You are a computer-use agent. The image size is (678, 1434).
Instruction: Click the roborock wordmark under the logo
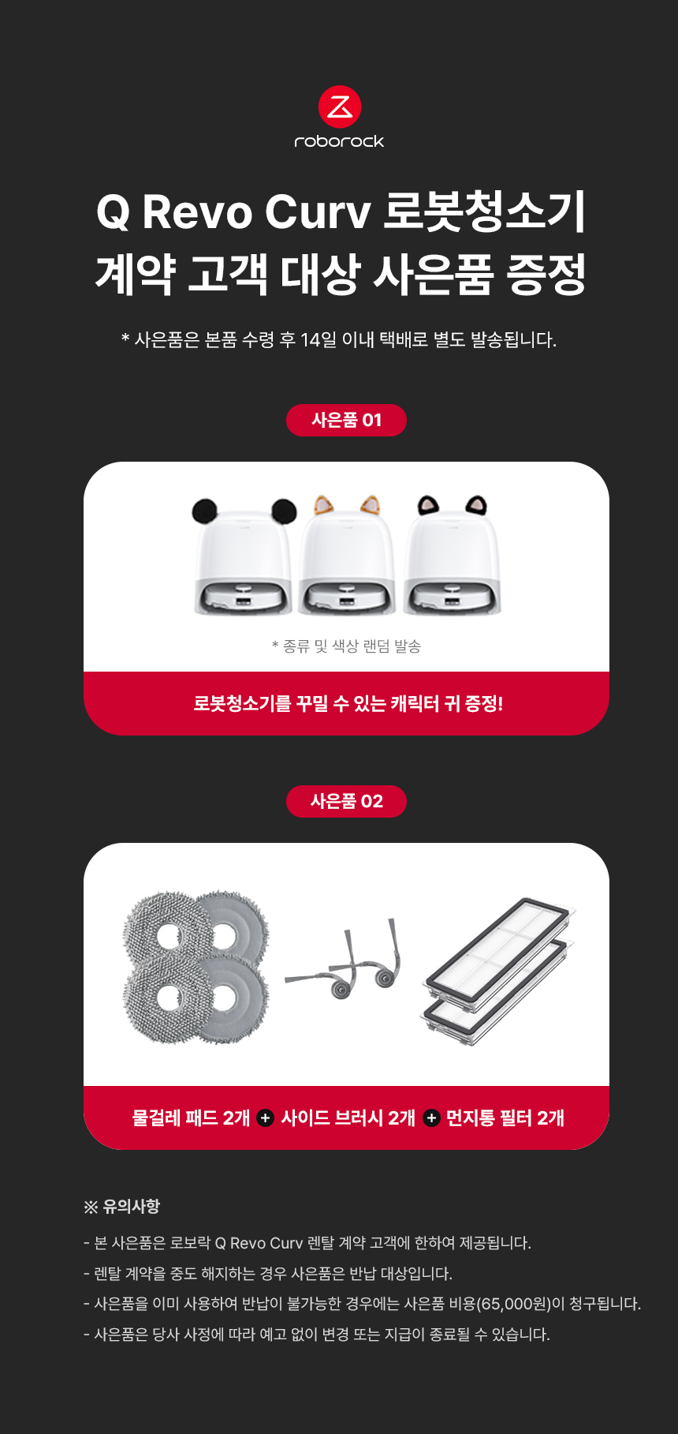pyautogui.click(x=339, y=141)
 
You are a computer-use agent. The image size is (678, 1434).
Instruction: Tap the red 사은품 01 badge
pyautogui.click(x=346, y=420)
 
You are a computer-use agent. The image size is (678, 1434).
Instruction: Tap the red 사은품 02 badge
pyautogui.click(x=346, y=801)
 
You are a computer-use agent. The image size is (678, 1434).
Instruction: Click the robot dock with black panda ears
pyautogui.click(x=244, y=556)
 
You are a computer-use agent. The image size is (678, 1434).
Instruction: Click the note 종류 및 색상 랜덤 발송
pyautogui.click(x=346, y=646)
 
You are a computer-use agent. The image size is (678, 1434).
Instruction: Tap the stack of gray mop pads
pyautogui.click(x=196, y=967)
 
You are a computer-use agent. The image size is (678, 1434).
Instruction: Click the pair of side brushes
pyautogui.click(x=342, y=959)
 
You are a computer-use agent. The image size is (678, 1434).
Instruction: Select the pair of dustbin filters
pyautogui.click(x=498, y=971)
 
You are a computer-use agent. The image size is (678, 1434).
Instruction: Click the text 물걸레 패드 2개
pyautogui.click(x=191, y=1118)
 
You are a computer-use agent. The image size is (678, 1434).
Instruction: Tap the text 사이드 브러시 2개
pyautogui.click(x=348, y=1118)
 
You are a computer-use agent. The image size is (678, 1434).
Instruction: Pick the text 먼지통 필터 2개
pyautogui.click(x=505, y=1118)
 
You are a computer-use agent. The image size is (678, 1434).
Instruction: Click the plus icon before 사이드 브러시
pyautogui.click(x=266, y=1118)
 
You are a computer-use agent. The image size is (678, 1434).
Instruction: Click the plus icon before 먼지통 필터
pyautogui.click(x=431, y=1118)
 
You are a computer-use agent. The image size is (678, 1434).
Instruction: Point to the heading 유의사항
pyautogui.click(x=131, y=1206)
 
